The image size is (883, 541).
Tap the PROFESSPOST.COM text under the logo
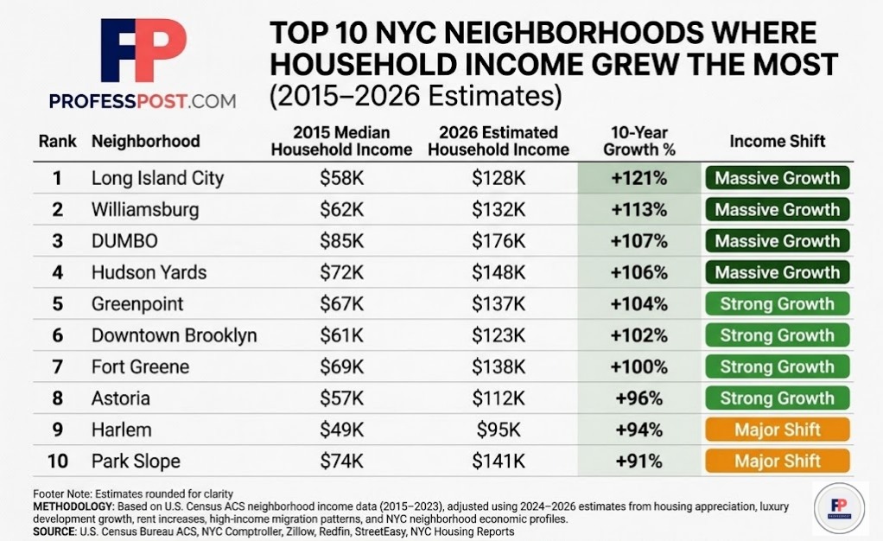point(143,101)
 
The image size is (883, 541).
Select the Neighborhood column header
point(145,141)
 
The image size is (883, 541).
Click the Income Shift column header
point(777,141)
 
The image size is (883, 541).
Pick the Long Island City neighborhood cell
point(157,179)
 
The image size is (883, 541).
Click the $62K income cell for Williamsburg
point(341,210)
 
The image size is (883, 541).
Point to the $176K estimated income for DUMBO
point(498,241)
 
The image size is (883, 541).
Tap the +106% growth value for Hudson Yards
point(640,273)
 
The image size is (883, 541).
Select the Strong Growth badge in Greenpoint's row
point(777,304)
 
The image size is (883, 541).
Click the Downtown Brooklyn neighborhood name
point(174,335)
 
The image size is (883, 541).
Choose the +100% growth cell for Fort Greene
point(640,367)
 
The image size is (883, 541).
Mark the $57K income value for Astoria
point(341,398)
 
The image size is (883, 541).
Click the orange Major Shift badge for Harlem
point(777,430)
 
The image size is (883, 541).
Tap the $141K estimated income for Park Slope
point(498,461)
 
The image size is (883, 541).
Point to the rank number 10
point(57,461)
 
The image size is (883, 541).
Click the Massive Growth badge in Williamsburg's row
point(777,210)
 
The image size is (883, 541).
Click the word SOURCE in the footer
point(53,531)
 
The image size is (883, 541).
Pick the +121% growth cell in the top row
point(640,179)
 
